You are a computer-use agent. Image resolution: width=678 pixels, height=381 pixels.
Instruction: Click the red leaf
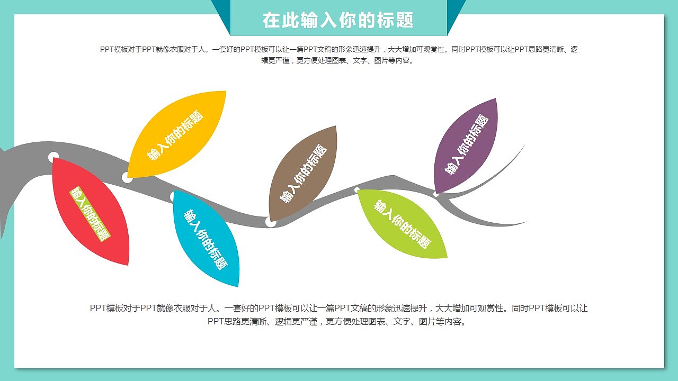tap(91, 211)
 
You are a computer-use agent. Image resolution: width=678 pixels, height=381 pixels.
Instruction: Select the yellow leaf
tap(177, 134)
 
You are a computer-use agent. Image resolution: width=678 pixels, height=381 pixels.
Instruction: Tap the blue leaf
tap(206, 238)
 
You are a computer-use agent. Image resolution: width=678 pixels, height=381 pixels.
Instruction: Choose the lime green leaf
tap(402, 224)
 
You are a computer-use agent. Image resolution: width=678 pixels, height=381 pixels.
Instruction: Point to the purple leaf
tap(466, 146)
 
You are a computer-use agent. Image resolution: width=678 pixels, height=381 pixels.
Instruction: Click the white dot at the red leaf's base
tap(53, 157)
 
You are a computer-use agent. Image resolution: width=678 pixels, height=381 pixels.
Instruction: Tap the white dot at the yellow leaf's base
tap(127, 177)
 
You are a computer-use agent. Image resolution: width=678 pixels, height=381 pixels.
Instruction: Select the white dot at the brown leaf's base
tap(271, 222)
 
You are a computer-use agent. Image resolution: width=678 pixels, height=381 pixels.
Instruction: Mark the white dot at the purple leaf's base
tap(436, 194)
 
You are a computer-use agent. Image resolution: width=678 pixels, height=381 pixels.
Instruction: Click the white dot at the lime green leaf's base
tap(357, 190)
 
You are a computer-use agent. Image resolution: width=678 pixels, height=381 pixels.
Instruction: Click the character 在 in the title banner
tap(271, 20)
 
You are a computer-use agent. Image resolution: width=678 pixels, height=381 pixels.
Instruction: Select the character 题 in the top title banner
tap(405, 20)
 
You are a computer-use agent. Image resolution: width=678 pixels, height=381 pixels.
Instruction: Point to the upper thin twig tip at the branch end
tap(524, 145)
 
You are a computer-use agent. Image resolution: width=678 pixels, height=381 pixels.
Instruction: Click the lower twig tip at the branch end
tap(527, 222)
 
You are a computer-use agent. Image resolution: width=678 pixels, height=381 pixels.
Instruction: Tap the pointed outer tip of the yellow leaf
tap(226, 91)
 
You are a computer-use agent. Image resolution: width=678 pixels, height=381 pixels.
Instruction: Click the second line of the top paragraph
tap(337, 61)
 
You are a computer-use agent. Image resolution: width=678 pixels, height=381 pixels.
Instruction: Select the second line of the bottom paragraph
tap(337, 321)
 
